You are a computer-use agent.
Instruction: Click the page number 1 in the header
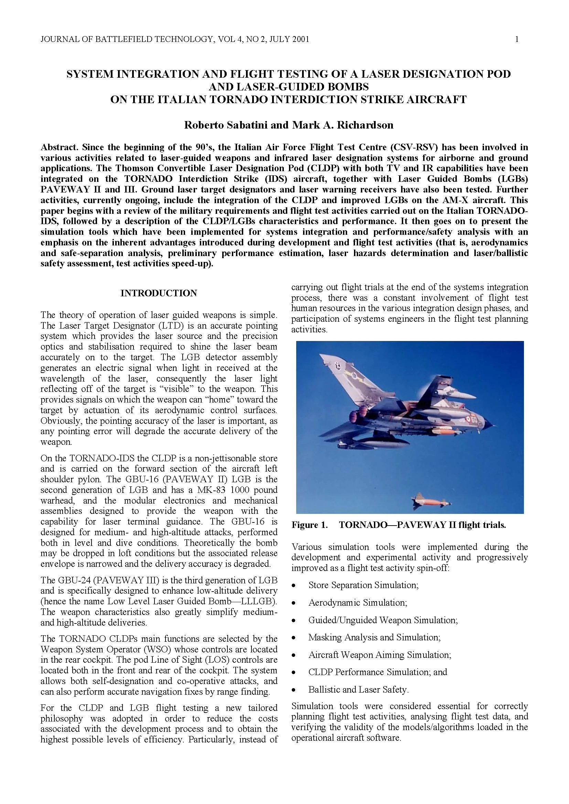coord(517,39)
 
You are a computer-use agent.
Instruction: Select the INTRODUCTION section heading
coord(159,293)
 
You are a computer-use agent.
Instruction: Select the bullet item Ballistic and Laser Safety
coord(358,690)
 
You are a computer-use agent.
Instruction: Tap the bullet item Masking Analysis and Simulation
coord(374,637)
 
